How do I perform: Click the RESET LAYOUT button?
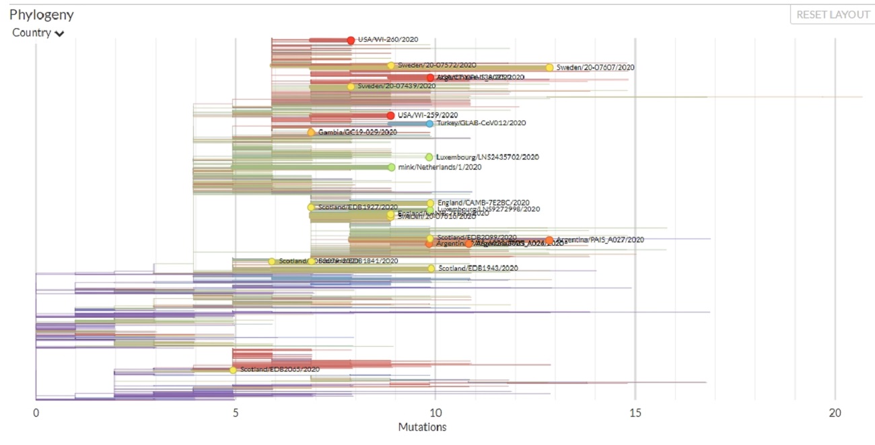point(833,15)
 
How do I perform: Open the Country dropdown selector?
point(38,33)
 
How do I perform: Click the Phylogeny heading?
point(42,14)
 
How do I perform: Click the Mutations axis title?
point(422,427)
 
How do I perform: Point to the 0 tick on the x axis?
point(36,413)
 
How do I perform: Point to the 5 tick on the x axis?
point(236,413)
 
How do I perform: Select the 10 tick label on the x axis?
point(435,413)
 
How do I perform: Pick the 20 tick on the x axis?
point(835,413)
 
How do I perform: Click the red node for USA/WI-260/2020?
point(351,40)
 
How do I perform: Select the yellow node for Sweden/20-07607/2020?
point(549,67)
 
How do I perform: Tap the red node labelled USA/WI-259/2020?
point(390,116)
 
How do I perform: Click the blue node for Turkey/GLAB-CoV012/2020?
point(429,124)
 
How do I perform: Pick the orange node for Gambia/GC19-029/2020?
point(311,133)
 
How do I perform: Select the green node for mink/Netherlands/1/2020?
point(391,167)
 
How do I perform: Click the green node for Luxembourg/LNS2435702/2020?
point(429,158)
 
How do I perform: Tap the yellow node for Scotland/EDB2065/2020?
point(233,370)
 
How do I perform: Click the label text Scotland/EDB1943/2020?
point(478,268)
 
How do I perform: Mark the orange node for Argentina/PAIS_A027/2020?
point(549,240)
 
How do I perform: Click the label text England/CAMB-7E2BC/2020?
point(483,203)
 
